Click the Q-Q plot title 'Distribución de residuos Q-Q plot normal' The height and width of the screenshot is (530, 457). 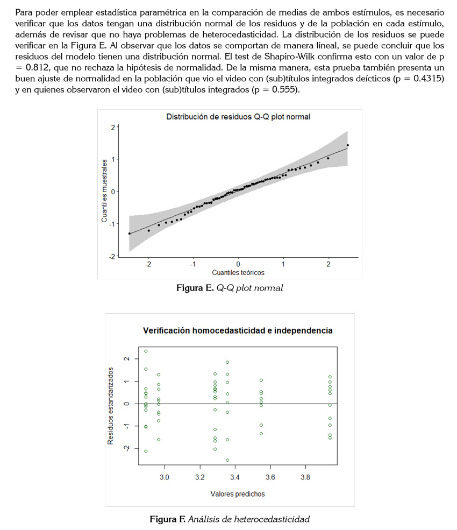coord(238,116)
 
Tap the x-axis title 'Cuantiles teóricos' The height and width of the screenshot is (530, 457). coord(238,273)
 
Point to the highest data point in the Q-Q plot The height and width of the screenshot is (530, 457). coord(348,145)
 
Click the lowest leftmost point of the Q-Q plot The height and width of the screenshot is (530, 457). coord(129,234)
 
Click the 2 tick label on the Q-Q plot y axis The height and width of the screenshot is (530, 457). coord(113,127)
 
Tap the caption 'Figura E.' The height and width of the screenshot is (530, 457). coord(195,288)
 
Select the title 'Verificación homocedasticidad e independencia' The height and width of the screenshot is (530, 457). coord(238,330)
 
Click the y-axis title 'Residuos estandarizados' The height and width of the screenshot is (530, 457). coord(111,406)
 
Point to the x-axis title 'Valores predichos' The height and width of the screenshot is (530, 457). coord(238,494)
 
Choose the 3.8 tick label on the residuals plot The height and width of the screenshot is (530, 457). coord(305,477)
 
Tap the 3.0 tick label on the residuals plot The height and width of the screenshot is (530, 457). coord(165,477)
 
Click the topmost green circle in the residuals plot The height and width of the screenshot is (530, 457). coord(146,351)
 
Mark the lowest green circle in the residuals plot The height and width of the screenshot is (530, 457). coord(227,460)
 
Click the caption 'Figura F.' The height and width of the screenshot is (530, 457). coord(168,519)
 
